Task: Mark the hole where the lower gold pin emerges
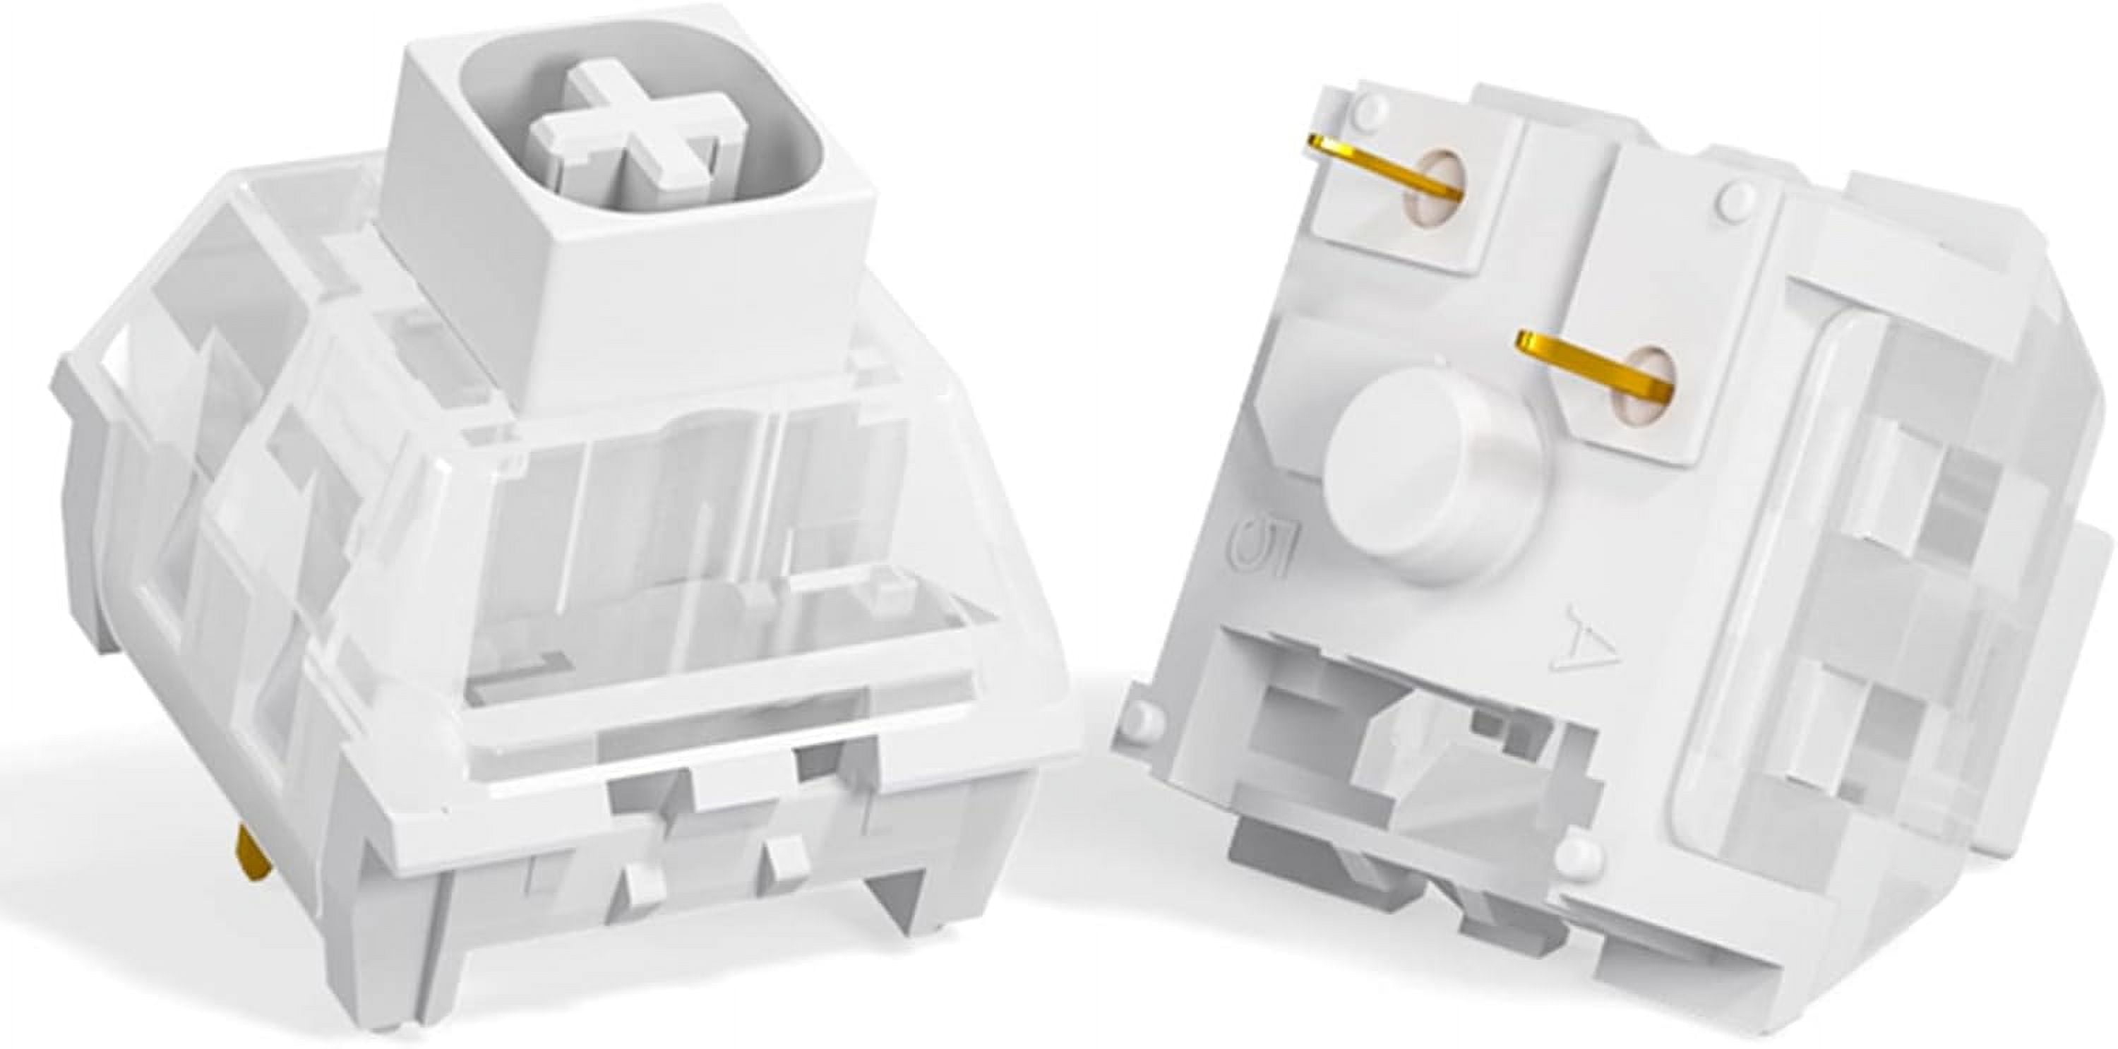pos(1637,386)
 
